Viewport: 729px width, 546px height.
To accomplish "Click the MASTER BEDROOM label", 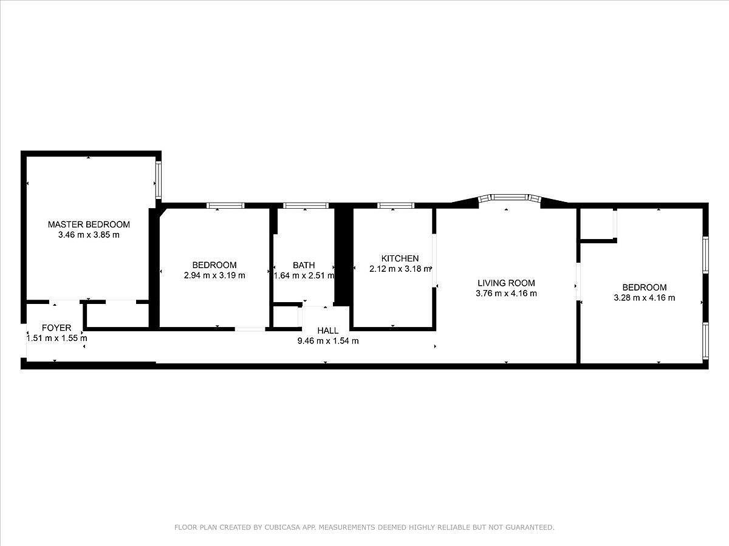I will [x=89, y=224].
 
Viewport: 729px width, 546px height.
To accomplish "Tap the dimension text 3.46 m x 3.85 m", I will [x=89, y=235].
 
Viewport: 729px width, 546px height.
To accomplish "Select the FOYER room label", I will [x=56, y=328].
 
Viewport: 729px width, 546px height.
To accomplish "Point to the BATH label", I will [x=304, y=265].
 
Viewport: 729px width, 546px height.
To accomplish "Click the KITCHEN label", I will [x=400, y=258].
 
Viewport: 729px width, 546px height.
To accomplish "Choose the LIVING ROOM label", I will [x=506, y=283].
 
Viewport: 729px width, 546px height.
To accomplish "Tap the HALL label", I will [x=327, y=331].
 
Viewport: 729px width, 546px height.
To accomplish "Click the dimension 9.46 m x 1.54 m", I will [x=327, y=341].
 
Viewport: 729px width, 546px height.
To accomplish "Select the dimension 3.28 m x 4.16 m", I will [x=645, y=298].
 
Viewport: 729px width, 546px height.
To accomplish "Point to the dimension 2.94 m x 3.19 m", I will [x=214, y=275].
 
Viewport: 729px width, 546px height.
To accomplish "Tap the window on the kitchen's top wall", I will [x=395, y=206].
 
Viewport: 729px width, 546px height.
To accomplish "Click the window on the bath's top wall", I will [x=306, y=206].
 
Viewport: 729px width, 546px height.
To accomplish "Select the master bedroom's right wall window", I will [x=158, y=180].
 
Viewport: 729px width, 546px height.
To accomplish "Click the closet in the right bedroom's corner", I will [x=597, y=224].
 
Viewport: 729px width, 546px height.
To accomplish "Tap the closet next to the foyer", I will [x=117, y=315].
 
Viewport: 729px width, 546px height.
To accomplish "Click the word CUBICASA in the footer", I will [x=280, y=528].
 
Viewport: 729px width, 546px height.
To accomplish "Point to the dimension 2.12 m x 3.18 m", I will [x=400, y=269].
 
